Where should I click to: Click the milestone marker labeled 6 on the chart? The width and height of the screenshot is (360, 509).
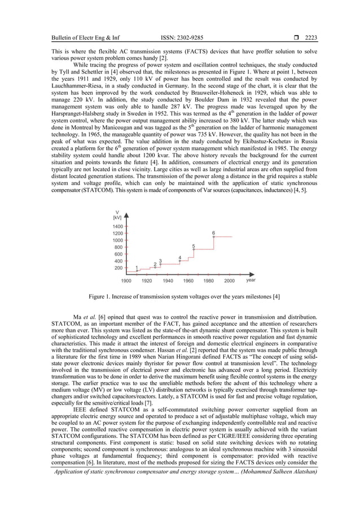pos(213,237)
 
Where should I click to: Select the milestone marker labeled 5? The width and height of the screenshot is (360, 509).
pos(194,251)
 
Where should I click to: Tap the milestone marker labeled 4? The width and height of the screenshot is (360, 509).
pos(180,261)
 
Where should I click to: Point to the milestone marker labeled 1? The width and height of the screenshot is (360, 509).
pos(137,271)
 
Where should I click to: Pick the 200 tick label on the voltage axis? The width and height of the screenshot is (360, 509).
pos(118,268)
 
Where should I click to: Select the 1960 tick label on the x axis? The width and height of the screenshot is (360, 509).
pos(188,280)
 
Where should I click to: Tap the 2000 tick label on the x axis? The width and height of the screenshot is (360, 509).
pos(230,280)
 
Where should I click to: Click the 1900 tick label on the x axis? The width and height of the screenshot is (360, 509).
pos(126,280)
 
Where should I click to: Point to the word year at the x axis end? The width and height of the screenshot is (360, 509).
pos(251,279)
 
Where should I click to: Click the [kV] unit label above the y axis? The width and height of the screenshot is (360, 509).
pos(117,217)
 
